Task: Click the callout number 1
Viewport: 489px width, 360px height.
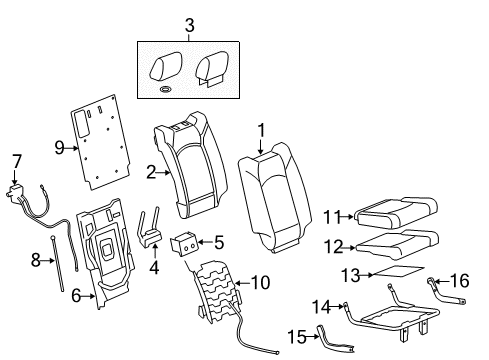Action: (262, 129)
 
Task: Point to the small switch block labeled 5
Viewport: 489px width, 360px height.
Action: (186, 243)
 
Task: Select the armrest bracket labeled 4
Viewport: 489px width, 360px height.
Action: (152, 232)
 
